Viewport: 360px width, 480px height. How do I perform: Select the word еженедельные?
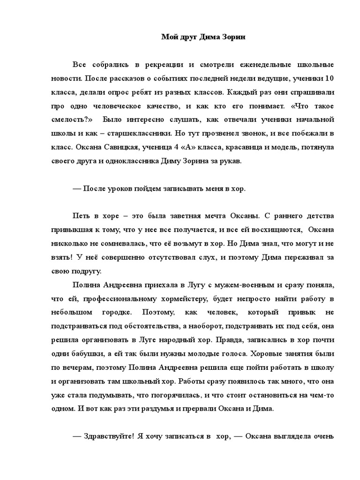pyautogui.click(x=258, y=64)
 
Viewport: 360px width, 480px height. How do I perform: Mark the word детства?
pyautogui.click(x=318, y=216)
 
